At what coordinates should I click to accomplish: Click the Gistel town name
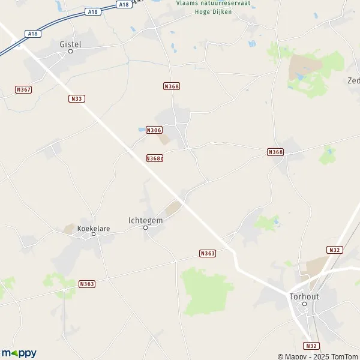71,44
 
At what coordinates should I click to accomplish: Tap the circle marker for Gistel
70,51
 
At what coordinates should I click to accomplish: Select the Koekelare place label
91,228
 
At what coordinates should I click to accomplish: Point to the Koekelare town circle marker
94,234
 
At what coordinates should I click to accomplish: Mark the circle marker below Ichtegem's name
145,227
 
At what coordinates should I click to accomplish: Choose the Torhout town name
304,296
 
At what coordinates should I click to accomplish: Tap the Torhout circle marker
304,304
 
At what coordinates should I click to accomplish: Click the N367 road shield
23,89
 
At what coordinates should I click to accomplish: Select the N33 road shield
76,98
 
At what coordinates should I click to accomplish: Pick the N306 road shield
154,130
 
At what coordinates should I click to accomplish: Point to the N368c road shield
155,158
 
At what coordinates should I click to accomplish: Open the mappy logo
19,353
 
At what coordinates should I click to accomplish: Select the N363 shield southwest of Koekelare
87,284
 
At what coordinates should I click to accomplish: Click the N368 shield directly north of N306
172,86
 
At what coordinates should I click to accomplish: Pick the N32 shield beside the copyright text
310,346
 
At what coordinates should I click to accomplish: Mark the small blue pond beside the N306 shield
141,129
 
